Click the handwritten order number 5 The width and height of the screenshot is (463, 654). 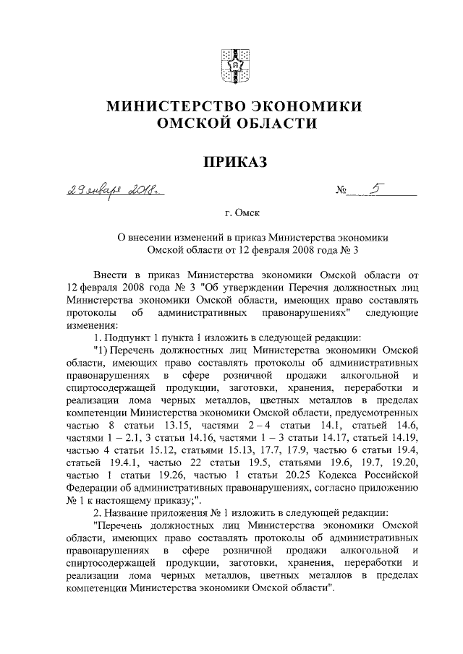374,189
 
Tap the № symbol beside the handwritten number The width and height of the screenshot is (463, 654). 342,192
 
